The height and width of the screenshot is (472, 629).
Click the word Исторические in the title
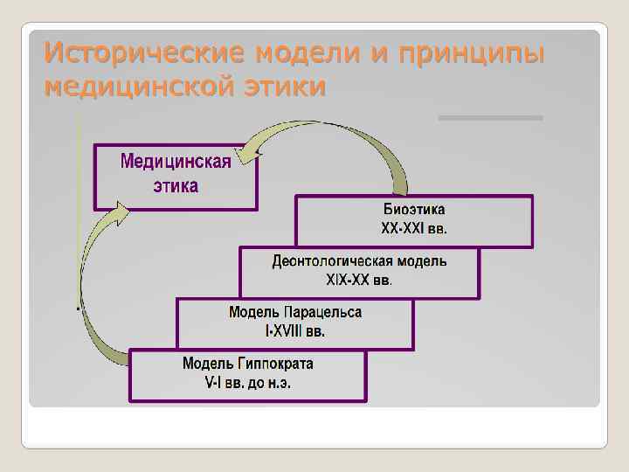(145, 55)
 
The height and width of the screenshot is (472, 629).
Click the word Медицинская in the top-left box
(176, 162)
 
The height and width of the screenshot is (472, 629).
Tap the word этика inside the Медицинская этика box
(176, 185)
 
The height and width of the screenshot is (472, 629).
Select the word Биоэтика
(414, 210)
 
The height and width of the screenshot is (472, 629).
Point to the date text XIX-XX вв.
(359, 280)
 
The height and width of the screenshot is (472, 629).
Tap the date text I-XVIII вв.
(295, 330)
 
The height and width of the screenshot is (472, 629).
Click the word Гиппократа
(274, 363)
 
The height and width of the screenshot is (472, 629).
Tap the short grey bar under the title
(490, 118)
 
